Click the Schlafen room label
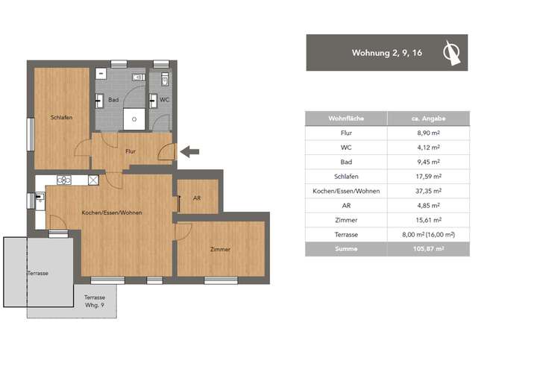point(61,118)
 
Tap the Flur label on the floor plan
point(131,151)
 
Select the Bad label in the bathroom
point(113,99)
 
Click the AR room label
point(196,198)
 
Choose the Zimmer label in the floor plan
point(220,249)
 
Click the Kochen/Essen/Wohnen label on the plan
point(112,212)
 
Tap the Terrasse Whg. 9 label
point(93,301)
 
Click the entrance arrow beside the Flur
point(189,152)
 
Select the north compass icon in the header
point(450,52)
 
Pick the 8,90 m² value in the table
point(428,133)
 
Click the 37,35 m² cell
point(428,191)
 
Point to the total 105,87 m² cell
point(428,249)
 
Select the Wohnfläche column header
point(345,119)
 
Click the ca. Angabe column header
point(428,119)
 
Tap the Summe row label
point(345,249)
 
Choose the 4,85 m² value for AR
point(428,206)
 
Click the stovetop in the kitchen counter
point(63,180)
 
